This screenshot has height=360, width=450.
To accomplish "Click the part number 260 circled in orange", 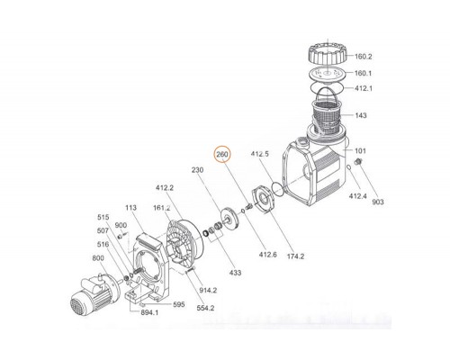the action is point(222,155).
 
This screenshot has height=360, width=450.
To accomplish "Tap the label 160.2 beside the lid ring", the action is point(363,57).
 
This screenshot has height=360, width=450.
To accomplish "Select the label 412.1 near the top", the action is point(363,88).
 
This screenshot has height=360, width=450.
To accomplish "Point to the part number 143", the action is point(361,115).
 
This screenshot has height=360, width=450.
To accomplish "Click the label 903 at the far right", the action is point(378,202).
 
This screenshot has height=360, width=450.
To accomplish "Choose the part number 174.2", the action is point(295,256).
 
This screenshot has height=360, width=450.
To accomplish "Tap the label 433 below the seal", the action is point(235,273).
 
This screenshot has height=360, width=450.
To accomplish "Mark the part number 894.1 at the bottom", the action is point(149,312).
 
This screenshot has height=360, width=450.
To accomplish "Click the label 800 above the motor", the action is point(98,258).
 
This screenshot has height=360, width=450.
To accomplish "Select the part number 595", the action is point(179,304).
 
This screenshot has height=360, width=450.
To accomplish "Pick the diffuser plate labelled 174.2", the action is point(263,199).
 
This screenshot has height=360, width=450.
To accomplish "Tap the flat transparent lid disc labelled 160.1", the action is point(328,74).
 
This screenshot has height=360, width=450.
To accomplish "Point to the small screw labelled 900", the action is point(121,237).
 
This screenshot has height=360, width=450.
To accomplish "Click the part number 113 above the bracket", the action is point(130,208).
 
